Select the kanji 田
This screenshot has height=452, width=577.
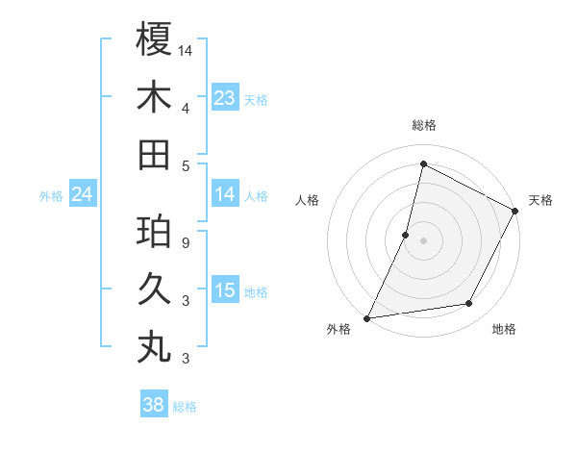[x=154, y=154]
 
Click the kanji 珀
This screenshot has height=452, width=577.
[x=154, y=232]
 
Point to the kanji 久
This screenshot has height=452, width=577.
[x=154, y=289]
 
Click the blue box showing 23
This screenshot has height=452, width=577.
[x=225, y=97]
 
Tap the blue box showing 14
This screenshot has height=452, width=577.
[x=225, y=194]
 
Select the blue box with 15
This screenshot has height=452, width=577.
[x=225, y=290]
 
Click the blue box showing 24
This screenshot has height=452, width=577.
[x=82, y=194]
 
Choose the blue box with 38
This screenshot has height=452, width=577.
[x=154, y=405]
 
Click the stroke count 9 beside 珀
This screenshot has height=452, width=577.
[x=185, y=242]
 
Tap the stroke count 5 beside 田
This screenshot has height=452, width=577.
[x=185, y=165]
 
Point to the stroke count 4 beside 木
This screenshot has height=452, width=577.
[x=185, y=108]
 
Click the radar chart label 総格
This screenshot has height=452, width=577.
[x=423, y=126]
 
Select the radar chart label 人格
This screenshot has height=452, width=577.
[x=308, y=200]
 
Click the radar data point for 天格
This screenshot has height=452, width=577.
[x=514, y=212]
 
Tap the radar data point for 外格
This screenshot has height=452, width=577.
[x=366, y=317]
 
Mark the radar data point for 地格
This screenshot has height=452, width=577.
[x=469, y=304]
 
